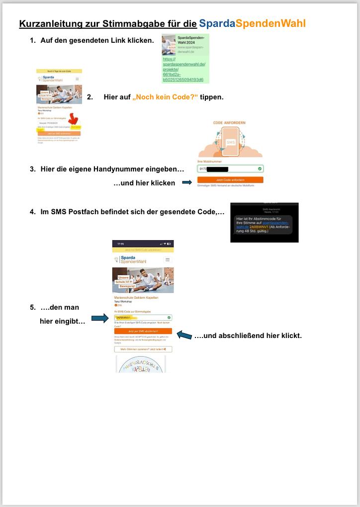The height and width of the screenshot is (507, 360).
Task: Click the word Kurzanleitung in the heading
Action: click(49, 24)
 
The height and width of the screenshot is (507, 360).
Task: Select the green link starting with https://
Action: click(183, 69)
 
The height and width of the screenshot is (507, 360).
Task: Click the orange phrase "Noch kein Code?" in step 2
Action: click(165, 97)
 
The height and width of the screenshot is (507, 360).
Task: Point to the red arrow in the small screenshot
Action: click(74, 119)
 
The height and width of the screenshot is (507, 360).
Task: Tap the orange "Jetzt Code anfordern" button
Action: click(230, 179)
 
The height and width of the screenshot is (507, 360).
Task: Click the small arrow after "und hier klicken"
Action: click(187, 183)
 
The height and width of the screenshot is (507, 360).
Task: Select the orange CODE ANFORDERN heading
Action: click(230, 122)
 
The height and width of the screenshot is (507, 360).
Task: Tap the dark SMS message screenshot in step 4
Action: click(264, 223)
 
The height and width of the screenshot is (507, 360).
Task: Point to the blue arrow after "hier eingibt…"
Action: click(99, 318)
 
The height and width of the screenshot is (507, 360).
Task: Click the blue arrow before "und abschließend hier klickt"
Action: click(184, 336)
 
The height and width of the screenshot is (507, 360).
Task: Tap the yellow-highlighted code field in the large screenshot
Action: click(143, 317)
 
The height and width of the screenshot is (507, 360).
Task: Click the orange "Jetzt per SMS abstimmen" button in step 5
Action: click(143, 331)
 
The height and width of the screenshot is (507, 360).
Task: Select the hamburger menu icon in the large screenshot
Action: click(168, 259)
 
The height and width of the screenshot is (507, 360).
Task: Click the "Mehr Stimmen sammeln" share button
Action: click(143, 349)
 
